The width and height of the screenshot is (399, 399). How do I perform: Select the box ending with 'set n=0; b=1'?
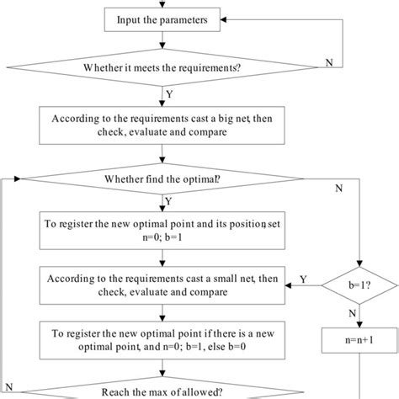(x=158, y=230)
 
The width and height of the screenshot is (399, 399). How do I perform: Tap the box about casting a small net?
(x=158, y=285)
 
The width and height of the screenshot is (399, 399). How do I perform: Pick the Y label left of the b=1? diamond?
(x=303, y=278)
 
